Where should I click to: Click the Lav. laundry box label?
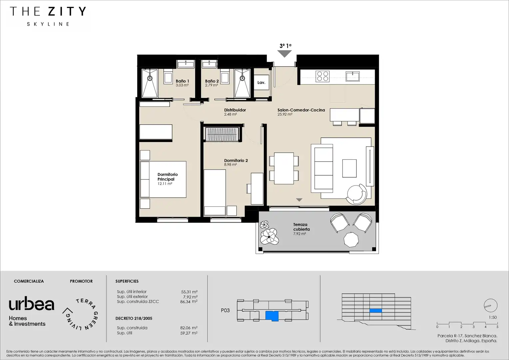[x=261, y=83]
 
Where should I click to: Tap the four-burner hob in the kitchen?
[x=322, y=76]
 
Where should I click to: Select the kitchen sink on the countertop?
[x=352, y=76]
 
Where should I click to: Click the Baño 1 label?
[x=182, y=81]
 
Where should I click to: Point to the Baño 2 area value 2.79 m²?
[x=211, y=85]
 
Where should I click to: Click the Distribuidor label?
[x=235, y=110]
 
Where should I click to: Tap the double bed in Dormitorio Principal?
[x=163, y=179]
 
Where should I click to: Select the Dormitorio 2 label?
[x=236, y=161]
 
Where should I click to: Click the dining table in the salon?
[x=284, y=168]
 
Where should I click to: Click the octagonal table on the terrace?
[x=351, y=239]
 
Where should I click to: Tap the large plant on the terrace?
[x=269, y=237]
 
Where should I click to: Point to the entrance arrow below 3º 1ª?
[x=284, y=54]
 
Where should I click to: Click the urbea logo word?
[x=32, y=303]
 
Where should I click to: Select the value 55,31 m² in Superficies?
[x=189, y=292]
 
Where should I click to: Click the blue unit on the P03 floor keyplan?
[x=272, y=316]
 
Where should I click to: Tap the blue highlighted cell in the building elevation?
[x=376, y=311]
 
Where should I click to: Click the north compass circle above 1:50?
[x=491, y=305]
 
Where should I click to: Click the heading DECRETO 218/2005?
[x=134, y=318]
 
